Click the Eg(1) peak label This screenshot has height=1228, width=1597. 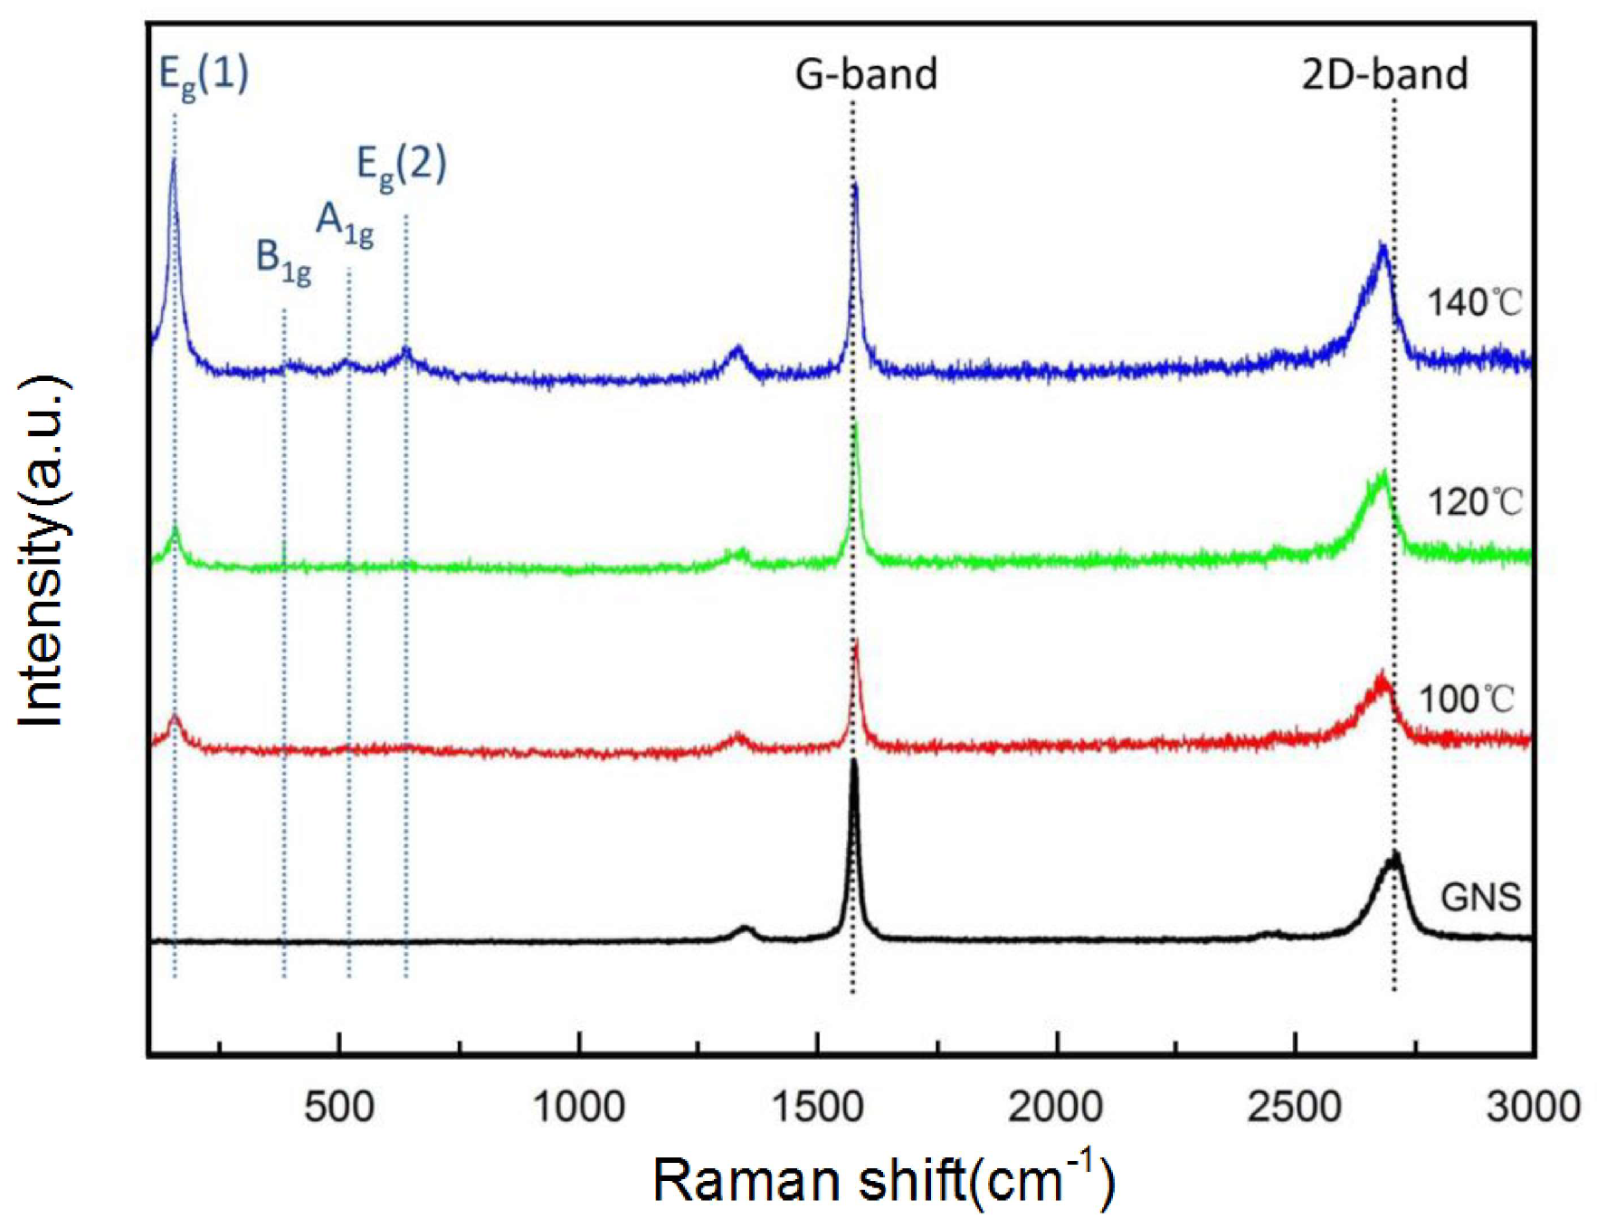203,74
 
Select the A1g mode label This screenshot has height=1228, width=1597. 344,224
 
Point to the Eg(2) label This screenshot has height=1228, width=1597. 401,166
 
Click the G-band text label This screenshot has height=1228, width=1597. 865,74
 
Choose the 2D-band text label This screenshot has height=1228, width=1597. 1383,74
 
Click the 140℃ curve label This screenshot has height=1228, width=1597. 1474,302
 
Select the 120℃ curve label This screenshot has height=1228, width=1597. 1474,501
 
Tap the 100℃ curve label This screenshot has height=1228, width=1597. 1465,699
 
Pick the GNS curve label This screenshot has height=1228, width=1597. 1480,897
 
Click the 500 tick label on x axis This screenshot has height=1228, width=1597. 338,1107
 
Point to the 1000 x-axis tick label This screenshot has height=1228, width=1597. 578,1107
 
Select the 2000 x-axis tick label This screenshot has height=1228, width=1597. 1055,1107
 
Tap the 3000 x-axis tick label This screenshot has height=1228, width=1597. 1532,1107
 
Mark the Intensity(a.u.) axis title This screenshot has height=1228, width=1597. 43,549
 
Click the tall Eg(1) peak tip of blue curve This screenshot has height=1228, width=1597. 173,159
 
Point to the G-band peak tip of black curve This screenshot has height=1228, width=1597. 853,763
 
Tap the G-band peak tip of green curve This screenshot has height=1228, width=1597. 855,427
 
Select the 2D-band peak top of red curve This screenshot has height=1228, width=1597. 1382,674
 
